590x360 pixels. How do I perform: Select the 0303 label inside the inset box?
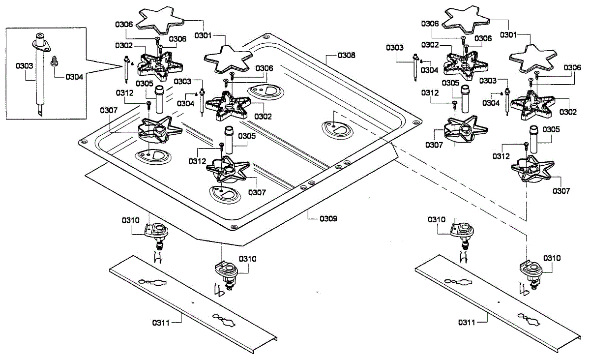pyautogui.click(x=24, y=65)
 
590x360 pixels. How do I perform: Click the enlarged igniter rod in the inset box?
pyautogui.click(x=39, y=74)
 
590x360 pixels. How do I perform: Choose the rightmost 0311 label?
pyautogui.click(x=467, y=323)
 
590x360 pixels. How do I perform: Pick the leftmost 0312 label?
pyautogui.click(x=125, y=92)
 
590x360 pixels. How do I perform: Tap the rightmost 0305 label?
pyautogui.click(x=551, y=129)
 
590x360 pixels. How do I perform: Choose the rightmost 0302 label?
pyautogui.click(x=568, y=112)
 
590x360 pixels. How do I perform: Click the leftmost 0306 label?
pyautogui.click(x=124, y=24)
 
